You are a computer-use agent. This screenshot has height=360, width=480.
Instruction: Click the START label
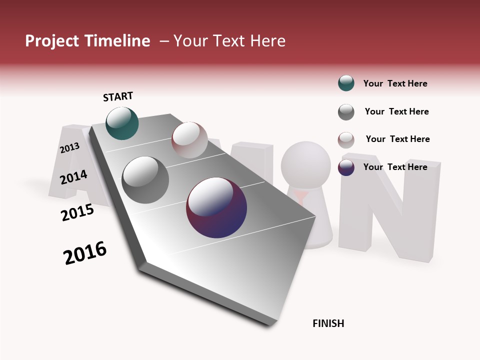(118, 96)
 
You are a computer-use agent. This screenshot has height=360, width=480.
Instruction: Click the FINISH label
(328, 323)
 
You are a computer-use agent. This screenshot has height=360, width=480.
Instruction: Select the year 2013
(69, 148)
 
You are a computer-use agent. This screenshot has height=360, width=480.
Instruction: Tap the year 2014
(74, 177)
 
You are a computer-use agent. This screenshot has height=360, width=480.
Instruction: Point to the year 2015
(77, 212)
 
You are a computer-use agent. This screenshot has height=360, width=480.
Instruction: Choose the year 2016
(85, 253)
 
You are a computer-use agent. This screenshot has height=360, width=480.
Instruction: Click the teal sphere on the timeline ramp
(122, 123)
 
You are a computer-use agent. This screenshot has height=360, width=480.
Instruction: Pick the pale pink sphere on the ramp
(189, 140)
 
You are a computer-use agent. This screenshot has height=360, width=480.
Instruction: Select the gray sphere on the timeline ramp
(145, 179)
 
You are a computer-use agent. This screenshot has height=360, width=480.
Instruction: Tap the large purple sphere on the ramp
(216, 207)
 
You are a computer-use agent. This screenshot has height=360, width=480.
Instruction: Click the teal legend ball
(346, 83)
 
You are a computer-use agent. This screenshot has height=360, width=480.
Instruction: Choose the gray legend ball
(346, 112)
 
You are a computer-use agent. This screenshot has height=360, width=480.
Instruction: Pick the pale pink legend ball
(346, 140)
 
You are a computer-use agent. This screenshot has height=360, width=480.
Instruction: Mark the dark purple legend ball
(346, 167)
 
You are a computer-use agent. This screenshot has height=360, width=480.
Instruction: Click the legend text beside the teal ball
(395, 83)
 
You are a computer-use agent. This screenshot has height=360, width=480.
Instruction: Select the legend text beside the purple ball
(395, 167)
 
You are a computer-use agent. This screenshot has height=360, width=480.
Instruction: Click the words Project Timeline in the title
(87, 41)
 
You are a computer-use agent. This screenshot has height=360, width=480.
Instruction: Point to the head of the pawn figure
(305, 164)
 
